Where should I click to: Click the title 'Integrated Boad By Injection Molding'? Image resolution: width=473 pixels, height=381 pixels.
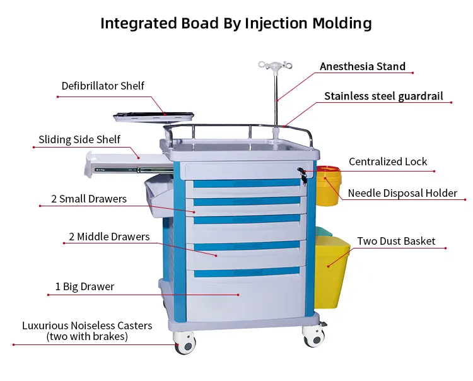pos(236,24)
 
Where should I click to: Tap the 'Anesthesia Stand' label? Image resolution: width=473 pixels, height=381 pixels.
pos(362,66)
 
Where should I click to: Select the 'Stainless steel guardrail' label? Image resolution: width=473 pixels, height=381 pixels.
pos(383,97)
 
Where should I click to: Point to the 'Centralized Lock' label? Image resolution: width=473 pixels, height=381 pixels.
pos(387,162)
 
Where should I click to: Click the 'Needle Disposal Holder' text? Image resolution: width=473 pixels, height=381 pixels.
pos(402,193)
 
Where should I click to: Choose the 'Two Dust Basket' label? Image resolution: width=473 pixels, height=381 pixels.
pos(395,241)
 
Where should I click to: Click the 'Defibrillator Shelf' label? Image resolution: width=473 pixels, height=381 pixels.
pos(103,86)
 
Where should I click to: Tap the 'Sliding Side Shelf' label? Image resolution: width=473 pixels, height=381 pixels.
pos(79,139)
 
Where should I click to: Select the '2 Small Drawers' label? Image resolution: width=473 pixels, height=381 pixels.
pos(89,199)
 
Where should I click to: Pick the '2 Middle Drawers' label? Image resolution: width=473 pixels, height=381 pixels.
pos(109,237)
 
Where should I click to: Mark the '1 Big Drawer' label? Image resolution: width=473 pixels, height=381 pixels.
pos(85,287)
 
